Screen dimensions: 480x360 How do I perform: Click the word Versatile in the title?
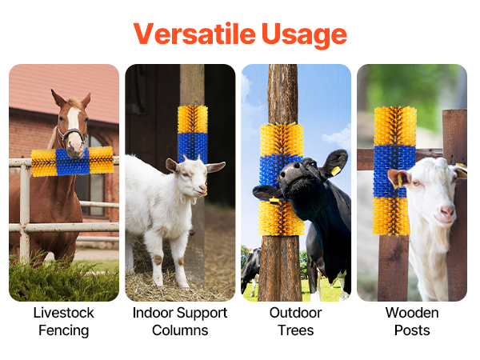pos(194,34)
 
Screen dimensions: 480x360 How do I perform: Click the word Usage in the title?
pos(304,35)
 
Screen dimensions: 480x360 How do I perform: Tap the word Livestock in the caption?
pos(64,313)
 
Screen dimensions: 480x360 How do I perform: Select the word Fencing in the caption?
pos(64,330)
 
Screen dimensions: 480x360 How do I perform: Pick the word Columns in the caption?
pos(180,330)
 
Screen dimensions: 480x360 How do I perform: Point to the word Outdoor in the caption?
pos(296,313)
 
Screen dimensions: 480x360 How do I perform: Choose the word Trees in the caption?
pos(296,330)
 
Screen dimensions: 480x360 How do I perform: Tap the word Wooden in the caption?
pos(412,313)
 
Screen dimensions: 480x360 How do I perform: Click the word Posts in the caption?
pos(412,330)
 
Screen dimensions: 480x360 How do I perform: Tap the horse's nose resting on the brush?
pos(74,150)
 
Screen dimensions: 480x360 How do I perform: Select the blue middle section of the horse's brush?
pos(73,162)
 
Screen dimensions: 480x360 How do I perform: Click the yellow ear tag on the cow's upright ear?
pos(335,171)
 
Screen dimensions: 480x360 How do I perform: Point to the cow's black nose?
pos(293,172)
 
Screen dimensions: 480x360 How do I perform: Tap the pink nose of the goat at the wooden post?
pos(447,211)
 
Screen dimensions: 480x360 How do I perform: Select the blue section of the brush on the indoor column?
pos(193,147)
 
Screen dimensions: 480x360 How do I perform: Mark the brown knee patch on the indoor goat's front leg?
pos(158,260)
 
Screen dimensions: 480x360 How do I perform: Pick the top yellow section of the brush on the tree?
pos(281,139)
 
